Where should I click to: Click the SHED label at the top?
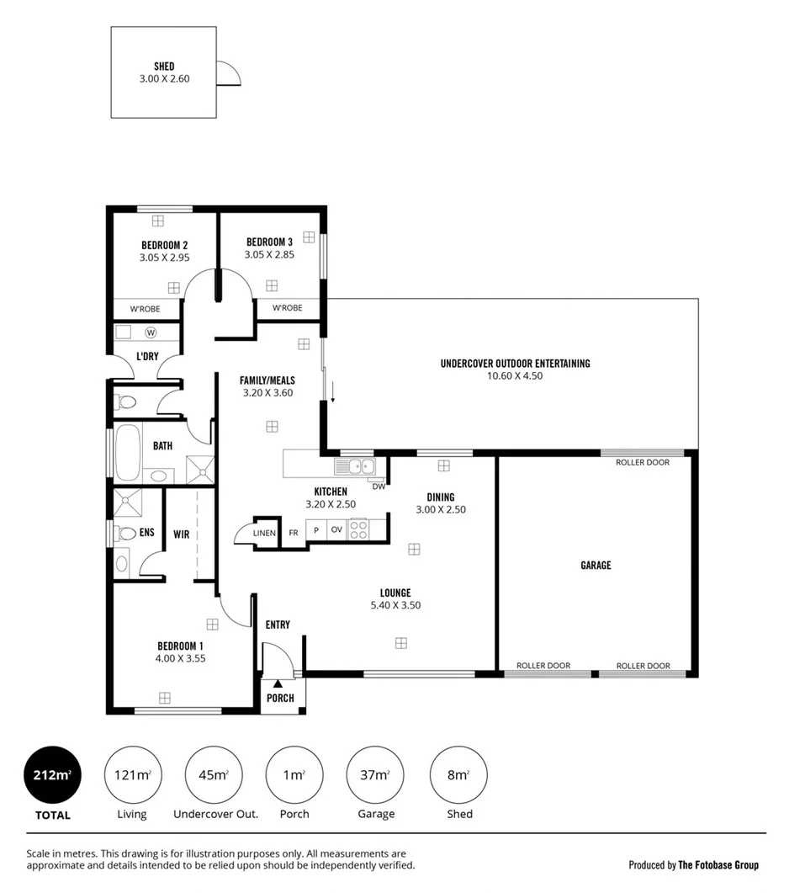pyautogui.click(x=164, y=65)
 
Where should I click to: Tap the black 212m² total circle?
pyautogui.click(x=53, y=774)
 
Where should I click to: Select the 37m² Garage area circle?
pyautogui.click(x=375, y=774)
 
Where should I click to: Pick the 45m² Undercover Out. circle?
pyautogui.click(x=214, y=774)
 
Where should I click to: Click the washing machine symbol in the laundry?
pyautogui.click(x=151, y=332)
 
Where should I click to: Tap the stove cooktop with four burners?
pyautogui.click(x=358, y=529)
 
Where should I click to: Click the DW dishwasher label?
pyautogui.click(x=378, y=486)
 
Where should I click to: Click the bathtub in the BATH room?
pyautogui.click(x=128, y=452)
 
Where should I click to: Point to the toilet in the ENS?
pyautogui.click(x=126, y=533)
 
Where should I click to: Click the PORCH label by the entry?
pyautogui.click(x=280, y=698)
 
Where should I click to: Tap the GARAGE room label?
pyautogui.click(x=596, y=566)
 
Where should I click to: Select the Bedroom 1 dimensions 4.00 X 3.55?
pyautogui.click(x=180, y=658)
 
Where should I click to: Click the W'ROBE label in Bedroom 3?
pyautogui.click(x=287, y=308)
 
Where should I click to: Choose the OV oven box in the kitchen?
pyautogui.click(x=336, y=530)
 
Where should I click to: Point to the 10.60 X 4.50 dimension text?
pyautogui.click(x=515, y=376)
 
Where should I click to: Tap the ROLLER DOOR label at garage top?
pyautogui.click(x=643, y=462)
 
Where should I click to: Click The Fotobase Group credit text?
pyautogui.click(x=718, y=864)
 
